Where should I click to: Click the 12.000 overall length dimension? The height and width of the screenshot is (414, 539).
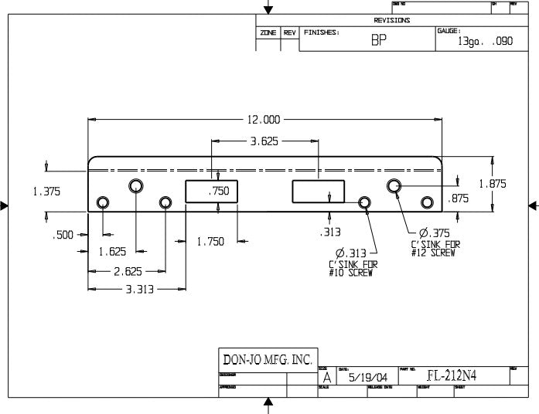pos(263,120)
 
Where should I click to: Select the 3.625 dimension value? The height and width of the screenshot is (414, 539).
pos(264,142)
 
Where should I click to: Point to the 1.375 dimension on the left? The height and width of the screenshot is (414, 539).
pos(46,191)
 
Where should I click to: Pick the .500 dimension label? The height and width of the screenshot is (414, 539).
pos(63,235)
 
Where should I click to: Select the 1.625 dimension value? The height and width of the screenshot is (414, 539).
pos(113,251)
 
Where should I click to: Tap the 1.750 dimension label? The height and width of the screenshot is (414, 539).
pos(210,242)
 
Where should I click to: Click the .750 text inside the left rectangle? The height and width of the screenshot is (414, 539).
pos(220,191)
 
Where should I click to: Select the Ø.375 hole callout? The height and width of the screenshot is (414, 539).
pos(433,233)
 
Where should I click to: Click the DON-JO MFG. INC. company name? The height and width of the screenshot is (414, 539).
pos(267,359)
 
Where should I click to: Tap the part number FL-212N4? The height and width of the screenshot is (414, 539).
pos(453,376)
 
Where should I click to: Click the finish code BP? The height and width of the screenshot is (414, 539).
pos(378,42)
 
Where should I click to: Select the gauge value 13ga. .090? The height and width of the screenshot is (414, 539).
pos(485,42)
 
